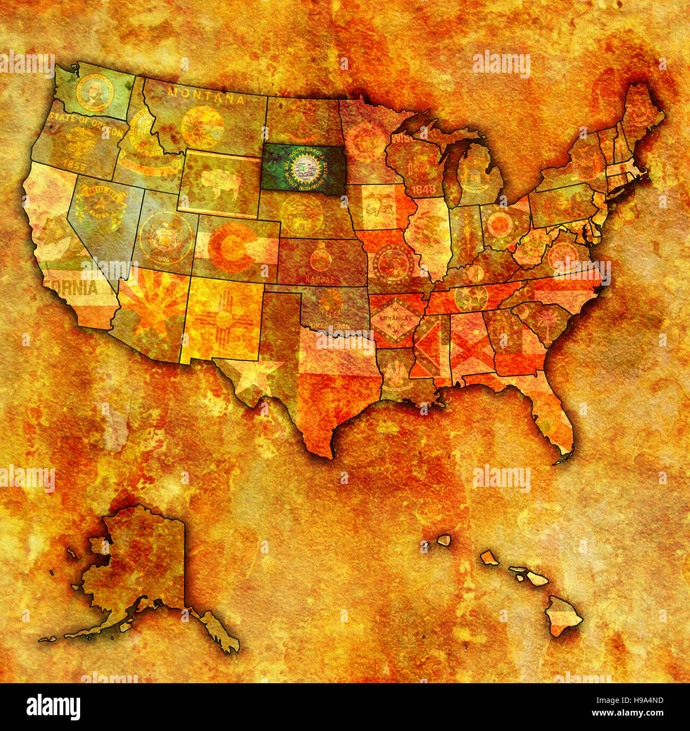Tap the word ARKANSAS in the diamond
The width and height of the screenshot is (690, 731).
(391, 319)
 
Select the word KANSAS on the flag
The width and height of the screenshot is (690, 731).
(320, 279)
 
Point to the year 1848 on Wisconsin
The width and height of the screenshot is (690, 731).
(423, 188)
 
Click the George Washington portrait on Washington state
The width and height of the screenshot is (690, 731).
(94, 93)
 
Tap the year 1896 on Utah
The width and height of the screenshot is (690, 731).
(162, 260)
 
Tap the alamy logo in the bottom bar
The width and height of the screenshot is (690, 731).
(53, 707)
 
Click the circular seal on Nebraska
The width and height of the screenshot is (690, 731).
(301, 215)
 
